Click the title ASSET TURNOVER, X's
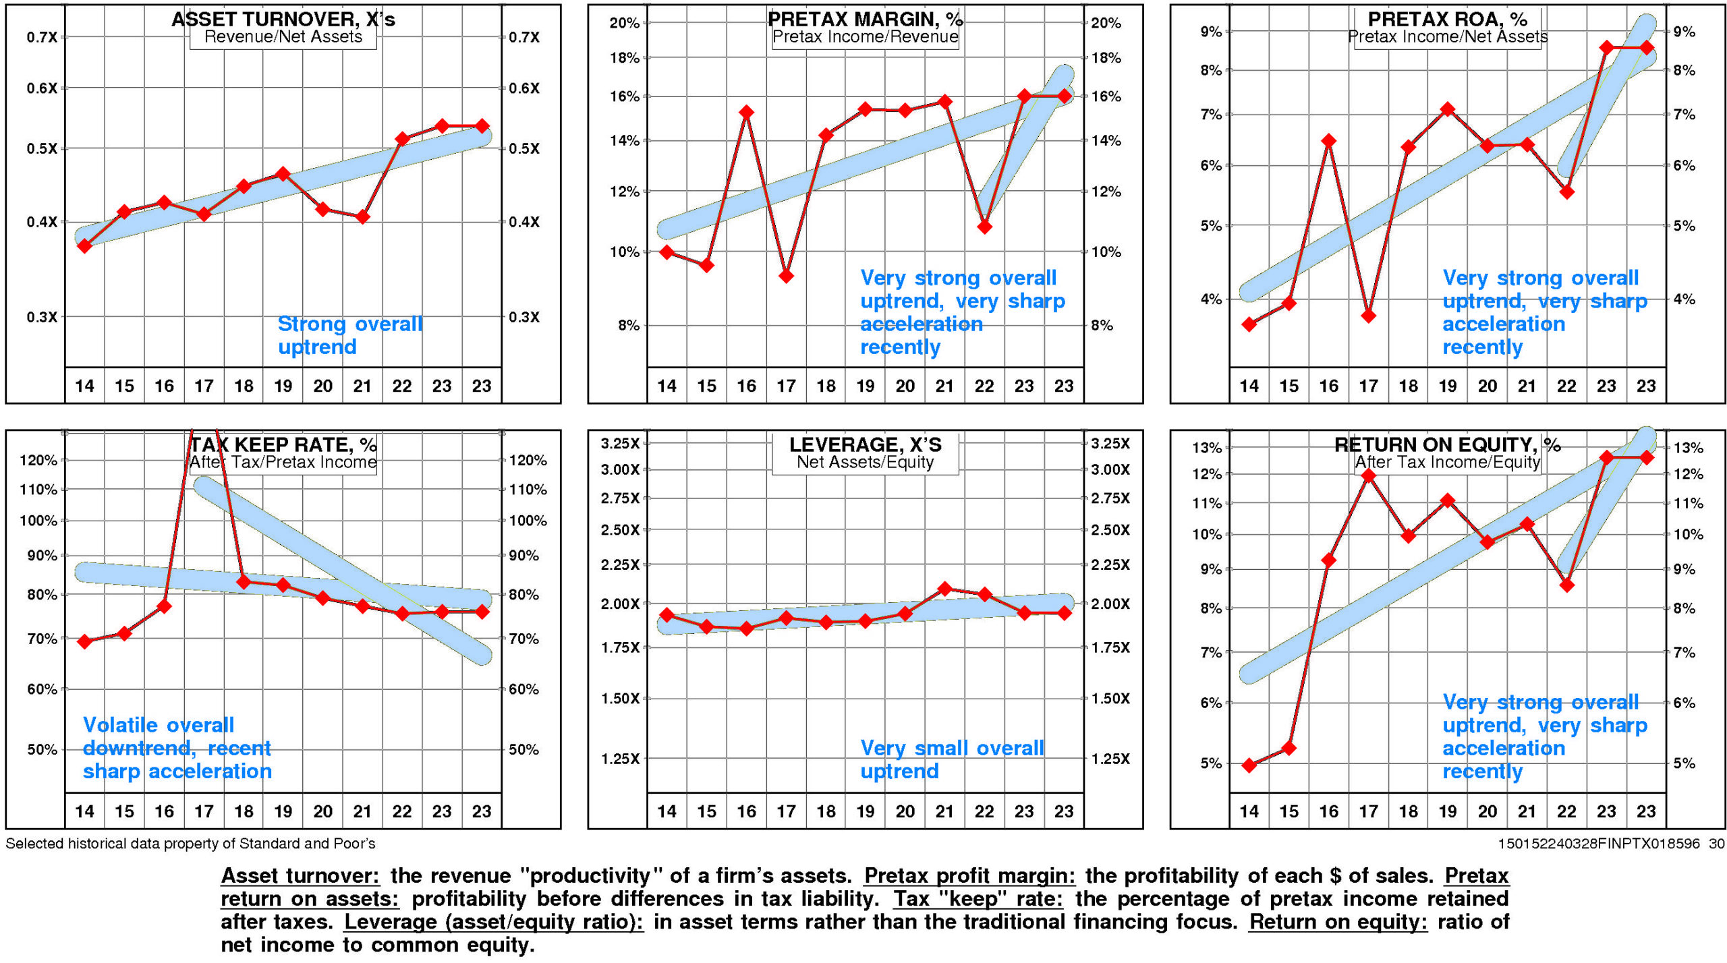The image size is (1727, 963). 283,19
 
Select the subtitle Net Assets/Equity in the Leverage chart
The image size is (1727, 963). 865,462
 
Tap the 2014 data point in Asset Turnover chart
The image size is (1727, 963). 85,246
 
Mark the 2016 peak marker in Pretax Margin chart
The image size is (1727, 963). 746,112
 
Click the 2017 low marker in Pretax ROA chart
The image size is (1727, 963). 1369,316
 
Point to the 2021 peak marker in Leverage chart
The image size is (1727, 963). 944,589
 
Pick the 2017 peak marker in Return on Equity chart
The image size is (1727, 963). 1369,476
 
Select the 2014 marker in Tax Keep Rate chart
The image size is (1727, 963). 85,641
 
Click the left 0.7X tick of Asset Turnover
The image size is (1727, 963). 42,37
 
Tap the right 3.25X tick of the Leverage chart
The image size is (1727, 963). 1110,443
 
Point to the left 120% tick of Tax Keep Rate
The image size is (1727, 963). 39,461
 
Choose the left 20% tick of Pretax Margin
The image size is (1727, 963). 624,23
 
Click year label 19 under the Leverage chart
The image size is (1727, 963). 865,811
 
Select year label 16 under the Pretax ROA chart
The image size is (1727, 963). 1328,386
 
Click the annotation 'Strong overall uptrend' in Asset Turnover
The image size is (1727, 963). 349,335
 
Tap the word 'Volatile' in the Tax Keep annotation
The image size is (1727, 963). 121,725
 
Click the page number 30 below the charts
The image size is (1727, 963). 1716,844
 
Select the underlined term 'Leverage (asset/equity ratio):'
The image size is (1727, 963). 494,922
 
